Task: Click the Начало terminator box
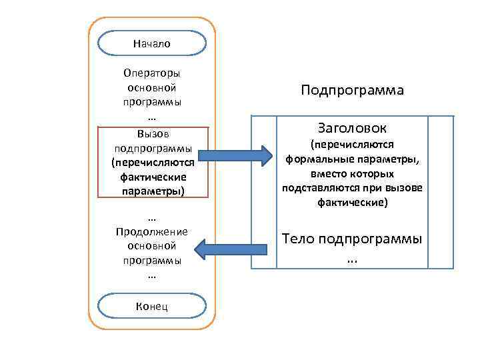point(151,43)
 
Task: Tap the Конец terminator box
point(151,306)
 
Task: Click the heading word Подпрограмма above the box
point(352,90)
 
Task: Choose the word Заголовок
point(352,127)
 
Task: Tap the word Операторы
point(152,73)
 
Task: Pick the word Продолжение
point(152,232)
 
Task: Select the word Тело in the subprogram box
point(301,239)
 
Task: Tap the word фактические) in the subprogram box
point(352,202)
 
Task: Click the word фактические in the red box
point(152,177)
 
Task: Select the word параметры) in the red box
point(152,191)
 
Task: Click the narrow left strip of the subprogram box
point(263,192)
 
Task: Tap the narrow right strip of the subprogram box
point(441,192)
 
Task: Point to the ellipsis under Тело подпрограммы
point(352,259)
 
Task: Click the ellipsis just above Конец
point(151,275)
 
